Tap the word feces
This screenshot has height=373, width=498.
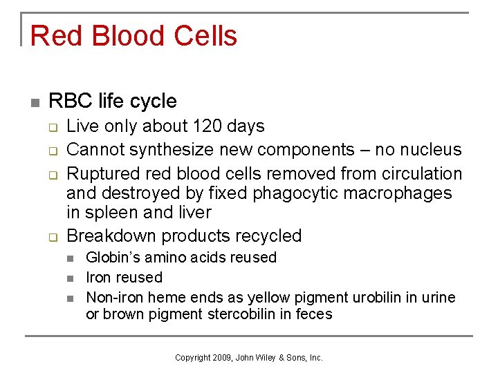[315, 314]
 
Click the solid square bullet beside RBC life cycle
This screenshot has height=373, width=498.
[35, 102]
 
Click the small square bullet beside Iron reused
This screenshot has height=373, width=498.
[71, 278]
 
